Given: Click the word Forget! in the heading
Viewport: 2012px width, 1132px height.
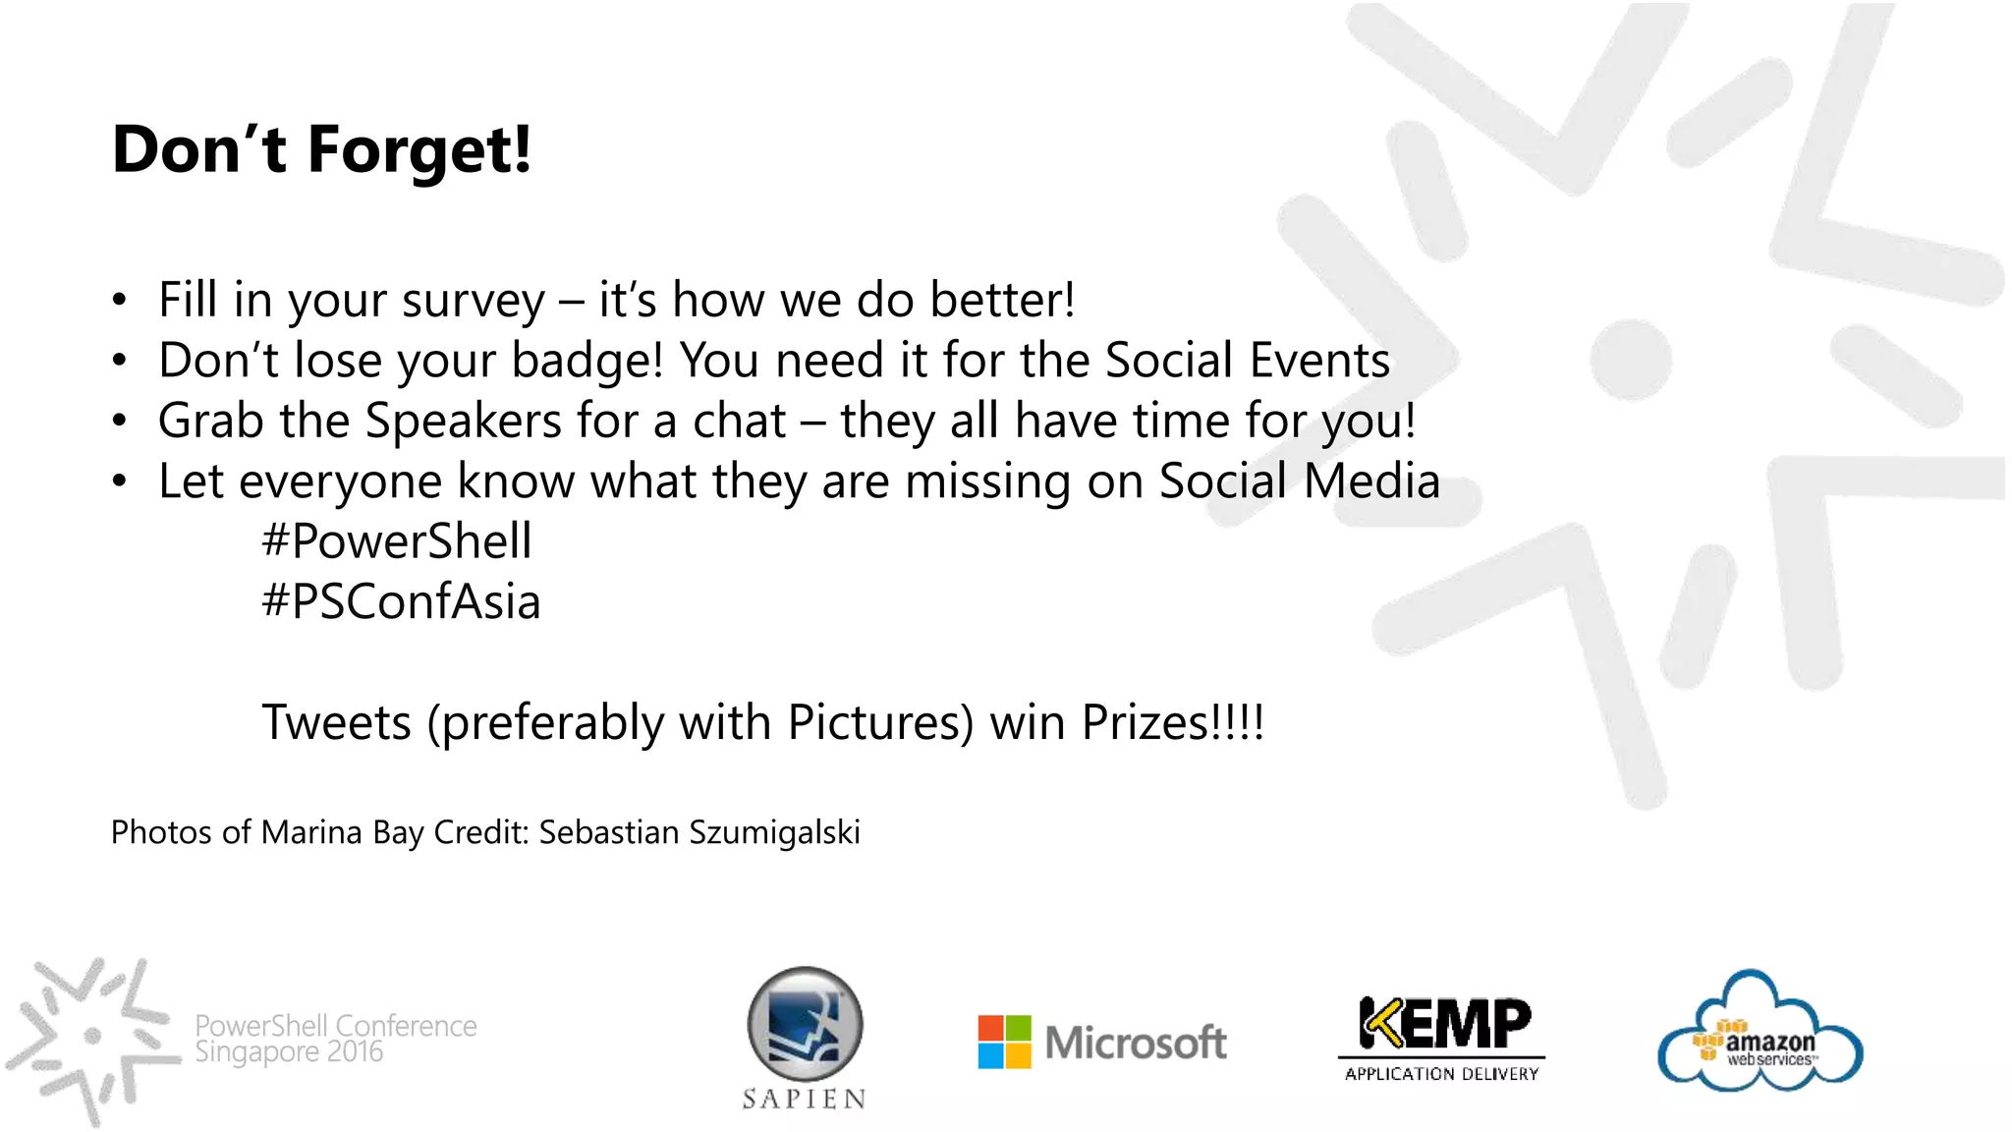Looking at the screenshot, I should pyautogui.click(x=419, y=150).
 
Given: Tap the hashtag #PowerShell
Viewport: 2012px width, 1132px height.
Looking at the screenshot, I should pyautogui.click(x=397, y=541).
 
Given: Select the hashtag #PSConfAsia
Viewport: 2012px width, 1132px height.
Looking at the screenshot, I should pyautogui.click(x=401, y=601).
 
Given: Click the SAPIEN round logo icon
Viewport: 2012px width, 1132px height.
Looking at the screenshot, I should pyautogui.click(x=806, y=1024).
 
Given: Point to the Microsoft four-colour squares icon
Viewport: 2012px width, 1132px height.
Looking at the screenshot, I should pyautogui.click(x=1004, y=1042).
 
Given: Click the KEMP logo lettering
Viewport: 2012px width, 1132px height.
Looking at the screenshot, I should pyautogui.click(x=1443, y=1023).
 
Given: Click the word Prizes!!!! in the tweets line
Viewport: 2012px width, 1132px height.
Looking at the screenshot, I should pyautogui.click(x=1172, y=722).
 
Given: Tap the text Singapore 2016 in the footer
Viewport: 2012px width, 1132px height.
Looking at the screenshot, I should pyautogui.click(x=289, y=1052).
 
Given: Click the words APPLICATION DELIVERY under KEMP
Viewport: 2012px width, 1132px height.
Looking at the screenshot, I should pyautogui.click(x=1441, y=1074).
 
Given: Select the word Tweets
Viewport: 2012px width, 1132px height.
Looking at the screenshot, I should pyautogui.click(x=336, y=722).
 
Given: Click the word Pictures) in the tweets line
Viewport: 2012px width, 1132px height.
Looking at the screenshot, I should pyautogui.click(x=880, y=722).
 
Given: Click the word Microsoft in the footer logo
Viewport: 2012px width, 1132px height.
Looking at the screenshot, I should pyautogui.click(x=1135, y=1043).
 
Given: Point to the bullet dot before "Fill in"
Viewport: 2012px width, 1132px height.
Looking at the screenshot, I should pyautogui.click(x=119, y=300).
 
